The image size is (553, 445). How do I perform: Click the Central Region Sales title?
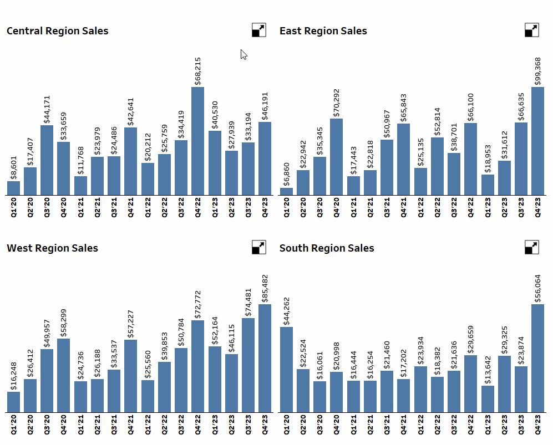[x=57, y=31]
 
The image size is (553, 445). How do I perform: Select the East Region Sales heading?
[x=323, y=31]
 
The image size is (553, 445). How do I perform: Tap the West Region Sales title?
[x=52, y=248]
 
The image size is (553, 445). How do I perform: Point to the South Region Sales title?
[x=326, y=248]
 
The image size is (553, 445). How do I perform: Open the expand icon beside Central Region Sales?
[x=259, y=30]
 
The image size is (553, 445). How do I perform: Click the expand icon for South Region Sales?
[x=531, y=247]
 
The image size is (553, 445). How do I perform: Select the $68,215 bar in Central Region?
[x=198, y=141]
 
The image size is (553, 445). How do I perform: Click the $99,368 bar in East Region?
[x=537, y=141]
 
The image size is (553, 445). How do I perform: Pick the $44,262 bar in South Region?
[x=286, y=370]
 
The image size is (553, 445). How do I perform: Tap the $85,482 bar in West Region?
[x=265, y=359]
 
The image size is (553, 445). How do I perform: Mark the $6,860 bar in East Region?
[x=286, y=192]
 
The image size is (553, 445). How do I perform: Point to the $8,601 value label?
[x=14, y=167]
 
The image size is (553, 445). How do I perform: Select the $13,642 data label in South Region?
[x=488, y=370]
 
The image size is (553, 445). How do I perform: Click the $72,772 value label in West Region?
[x=198, y=304]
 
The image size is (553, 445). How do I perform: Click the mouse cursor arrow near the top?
[x=243, y=54]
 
